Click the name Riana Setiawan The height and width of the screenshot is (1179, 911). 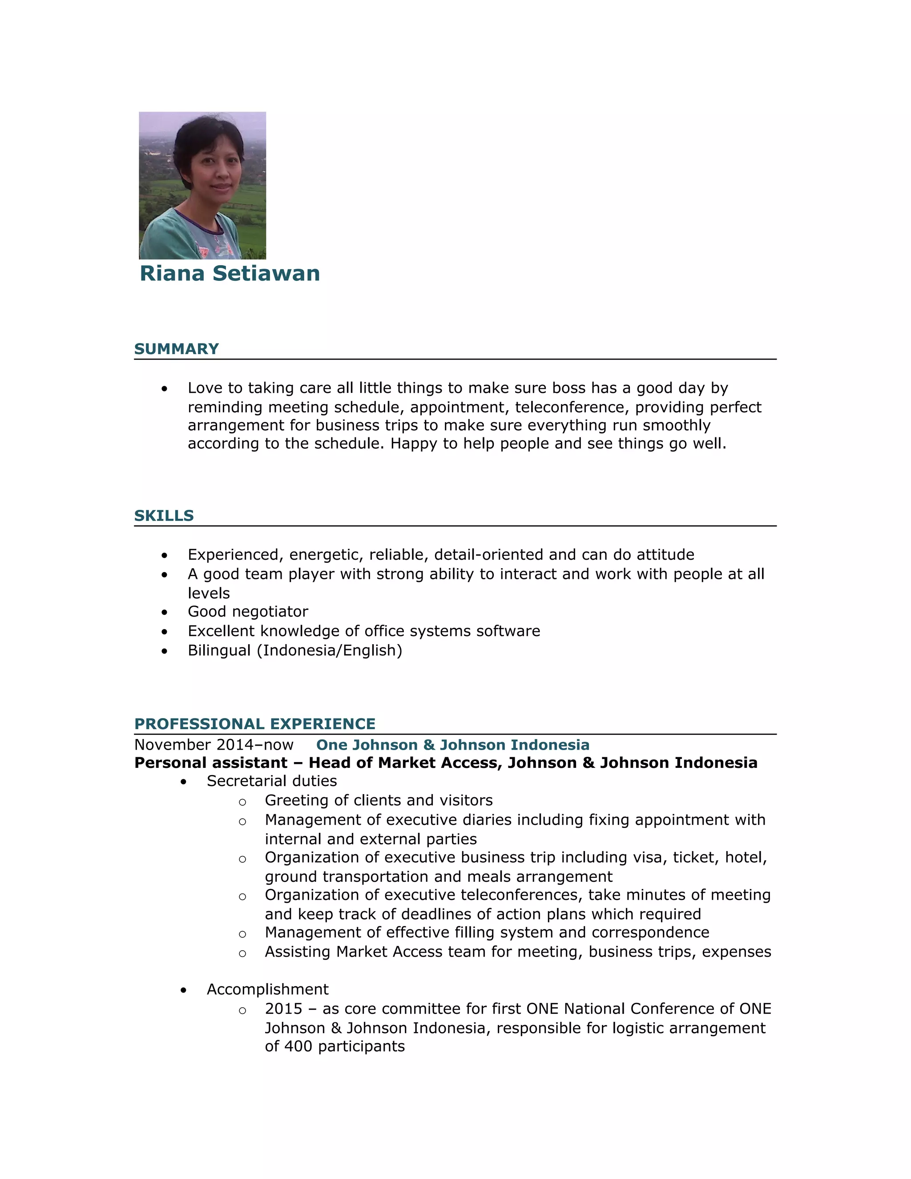click(x=230, y=273)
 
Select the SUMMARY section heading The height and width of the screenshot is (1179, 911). click(x=176, y=349)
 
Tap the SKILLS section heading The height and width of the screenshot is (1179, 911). click(x=164, y=516)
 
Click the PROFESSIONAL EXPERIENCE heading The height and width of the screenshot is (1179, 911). click(x=255, y=724)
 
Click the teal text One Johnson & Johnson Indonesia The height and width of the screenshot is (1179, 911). click(x=452, y=745)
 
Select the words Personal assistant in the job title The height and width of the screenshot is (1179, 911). click(x=210, y=763)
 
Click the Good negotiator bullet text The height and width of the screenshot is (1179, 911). click(x=248, y=612)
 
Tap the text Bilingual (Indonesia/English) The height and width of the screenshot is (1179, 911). click(x=294, y=650)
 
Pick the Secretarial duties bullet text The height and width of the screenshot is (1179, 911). click(x=271, y=781)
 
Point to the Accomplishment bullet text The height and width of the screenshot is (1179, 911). click(x=267, y=989)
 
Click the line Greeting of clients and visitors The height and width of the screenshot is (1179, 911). click(x=379, y=800)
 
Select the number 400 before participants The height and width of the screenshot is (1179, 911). click(x=298, y=1046)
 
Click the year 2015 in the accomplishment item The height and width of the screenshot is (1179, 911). click(x=283, y=1009)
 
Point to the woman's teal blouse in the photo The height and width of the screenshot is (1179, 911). click(x=167, y=238)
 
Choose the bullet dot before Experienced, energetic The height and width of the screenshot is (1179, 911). click(x=164, y=556)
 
